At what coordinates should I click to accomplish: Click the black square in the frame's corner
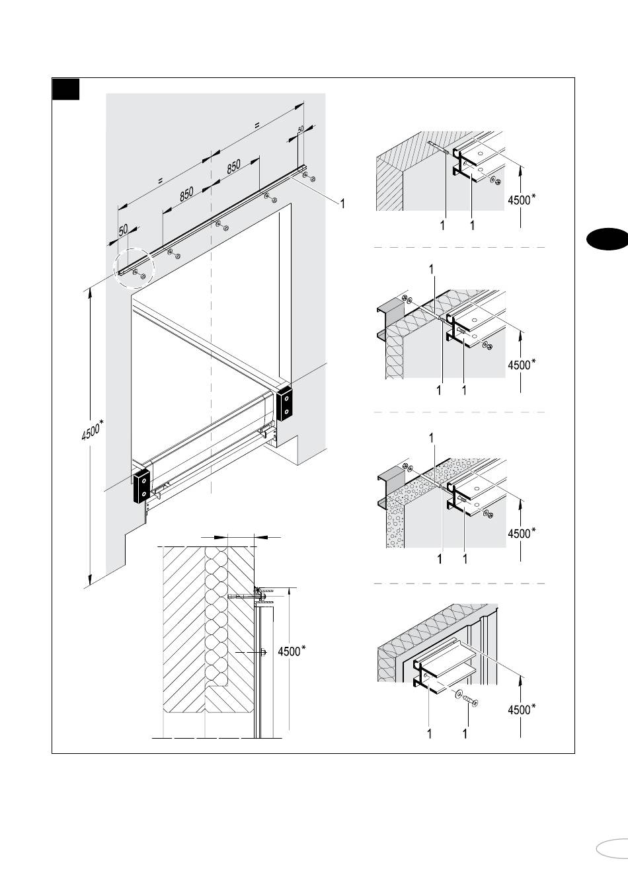pos(66,89)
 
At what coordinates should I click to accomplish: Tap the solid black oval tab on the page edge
pos(606,239)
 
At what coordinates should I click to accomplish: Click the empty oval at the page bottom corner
pos(611,848)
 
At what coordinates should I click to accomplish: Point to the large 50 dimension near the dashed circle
pos(124,231)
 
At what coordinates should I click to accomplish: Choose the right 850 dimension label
pos(233,166)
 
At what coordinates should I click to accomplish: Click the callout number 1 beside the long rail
pos(342,203)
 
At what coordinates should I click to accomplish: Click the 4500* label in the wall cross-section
pos(291,651)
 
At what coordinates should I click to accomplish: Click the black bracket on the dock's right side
pos(284,404)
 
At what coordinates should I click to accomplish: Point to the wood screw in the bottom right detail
pos(470,701)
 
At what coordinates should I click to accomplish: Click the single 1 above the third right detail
pos(432,437)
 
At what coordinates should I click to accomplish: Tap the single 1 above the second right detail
pos(432,269)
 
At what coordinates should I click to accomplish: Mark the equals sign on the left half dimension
pos(160,178)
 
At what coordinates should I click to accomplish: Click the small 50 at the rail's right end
pos(301,130)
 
